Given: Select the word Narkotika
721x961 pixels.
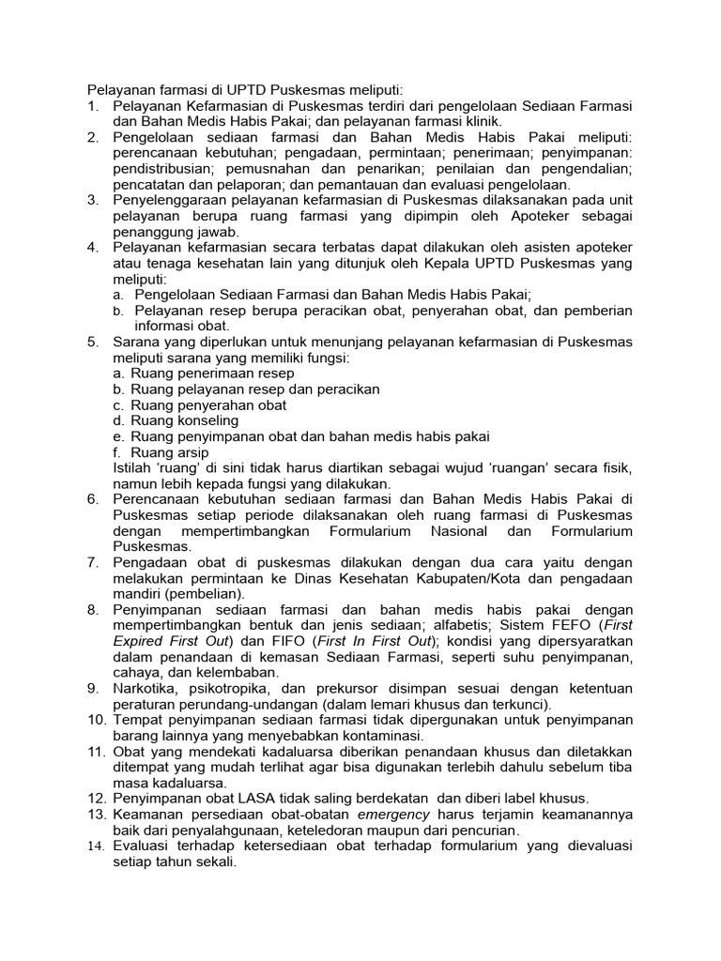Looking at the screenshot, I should tap(146, 689).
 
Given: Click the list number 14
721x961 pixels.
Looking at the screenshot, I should tap(96, 846).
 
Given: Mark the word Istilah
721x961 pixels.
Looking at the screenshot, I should tap(135, 467).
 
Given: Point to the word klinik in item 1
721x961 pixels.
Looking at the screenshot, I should tap(483, 121).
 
